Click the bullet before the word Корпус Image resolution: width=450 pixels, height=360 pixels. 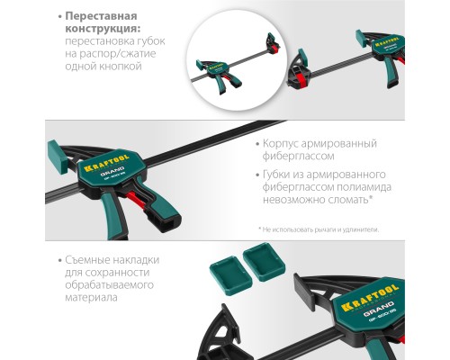256,143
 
